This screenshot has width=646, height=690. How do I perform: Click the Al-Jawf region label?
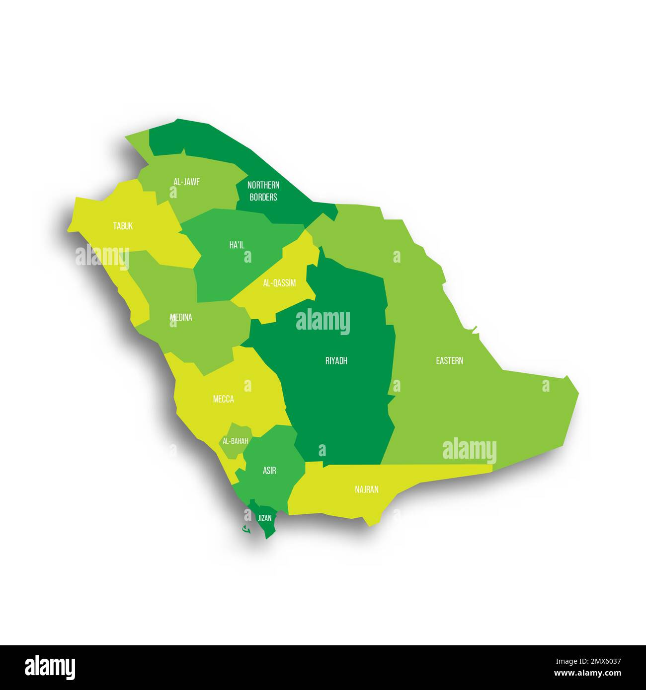pyautogui.click(x=186, y=182)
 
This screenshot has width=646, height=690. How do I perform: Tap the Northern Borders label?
pyautogui.click(x=263, y=191)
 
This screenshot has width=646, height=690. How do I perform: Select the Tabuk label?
pyautogui.click(x=123, y=226)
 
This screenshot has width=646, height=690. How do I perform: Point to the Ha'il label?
pyautogui.click(x=237, y=245)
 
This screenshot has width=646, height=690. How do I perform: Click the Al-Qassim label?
pyautogui.click(x=279, y=283)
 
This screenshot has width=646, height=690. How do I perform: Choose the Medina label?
pyautogui.click(x=181, y=317)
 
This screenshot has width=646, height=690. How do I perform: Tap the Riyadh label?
pyautogui.click(x=336, y=361)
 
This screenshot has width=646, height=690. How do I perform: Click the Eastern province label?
pyautogui.click(x=449, y=361)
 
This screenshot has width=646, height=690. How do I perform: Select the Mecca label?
pyautogui.click(x=223, y=399)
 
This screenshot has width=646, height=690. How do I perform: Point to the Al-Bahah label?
pyautogui.click(x=236, y=441)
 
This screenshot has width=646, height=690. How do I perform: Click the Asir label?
pyautogui.click(x=269, y=471)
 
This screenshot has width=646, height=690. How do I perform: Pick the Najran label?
pyautogui.click(x=367, y=490)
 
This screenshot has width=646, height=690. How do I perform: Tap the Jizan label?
pyautogui.click(x=265, y=518)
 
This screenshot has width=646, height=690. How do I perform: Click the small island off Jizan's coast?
pyautogui.click(x=245, y=530)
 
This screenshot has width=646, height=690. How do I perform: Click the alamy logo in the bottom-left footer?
pyautogui.click(x=50, y=667)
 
